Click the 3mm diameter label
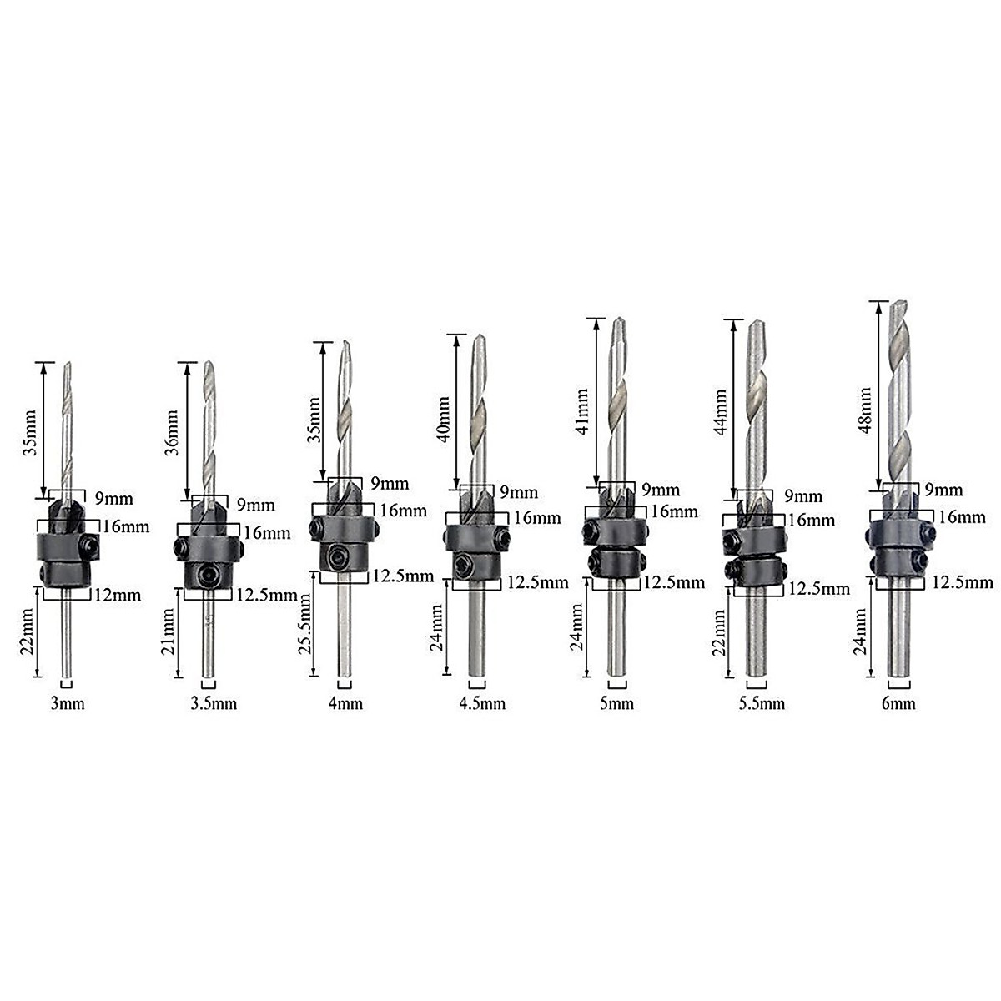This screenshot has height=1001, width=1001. (68, 704)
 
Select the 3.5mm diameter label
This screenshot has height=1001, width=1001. (214, 704)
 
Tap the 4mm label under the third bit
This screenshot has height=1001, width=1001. (345, 703)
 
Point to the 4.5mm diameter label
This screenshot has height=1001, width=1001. (482, 703)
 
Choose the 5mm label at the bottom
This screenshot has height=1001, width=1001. (616, 704)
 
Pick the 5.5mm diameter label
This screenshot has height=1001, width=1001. (762, 704)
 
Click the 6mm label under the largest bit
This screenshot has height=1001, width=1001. (898, 704)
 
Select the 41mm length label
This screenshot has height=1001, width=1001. (583, 412)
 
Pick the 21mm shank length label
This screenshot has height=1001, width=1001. (169, 632)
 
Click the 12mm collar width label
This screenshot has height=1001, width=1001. (118, 596)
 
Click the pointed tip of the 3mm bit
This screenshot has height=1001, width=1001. (68, 362)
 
